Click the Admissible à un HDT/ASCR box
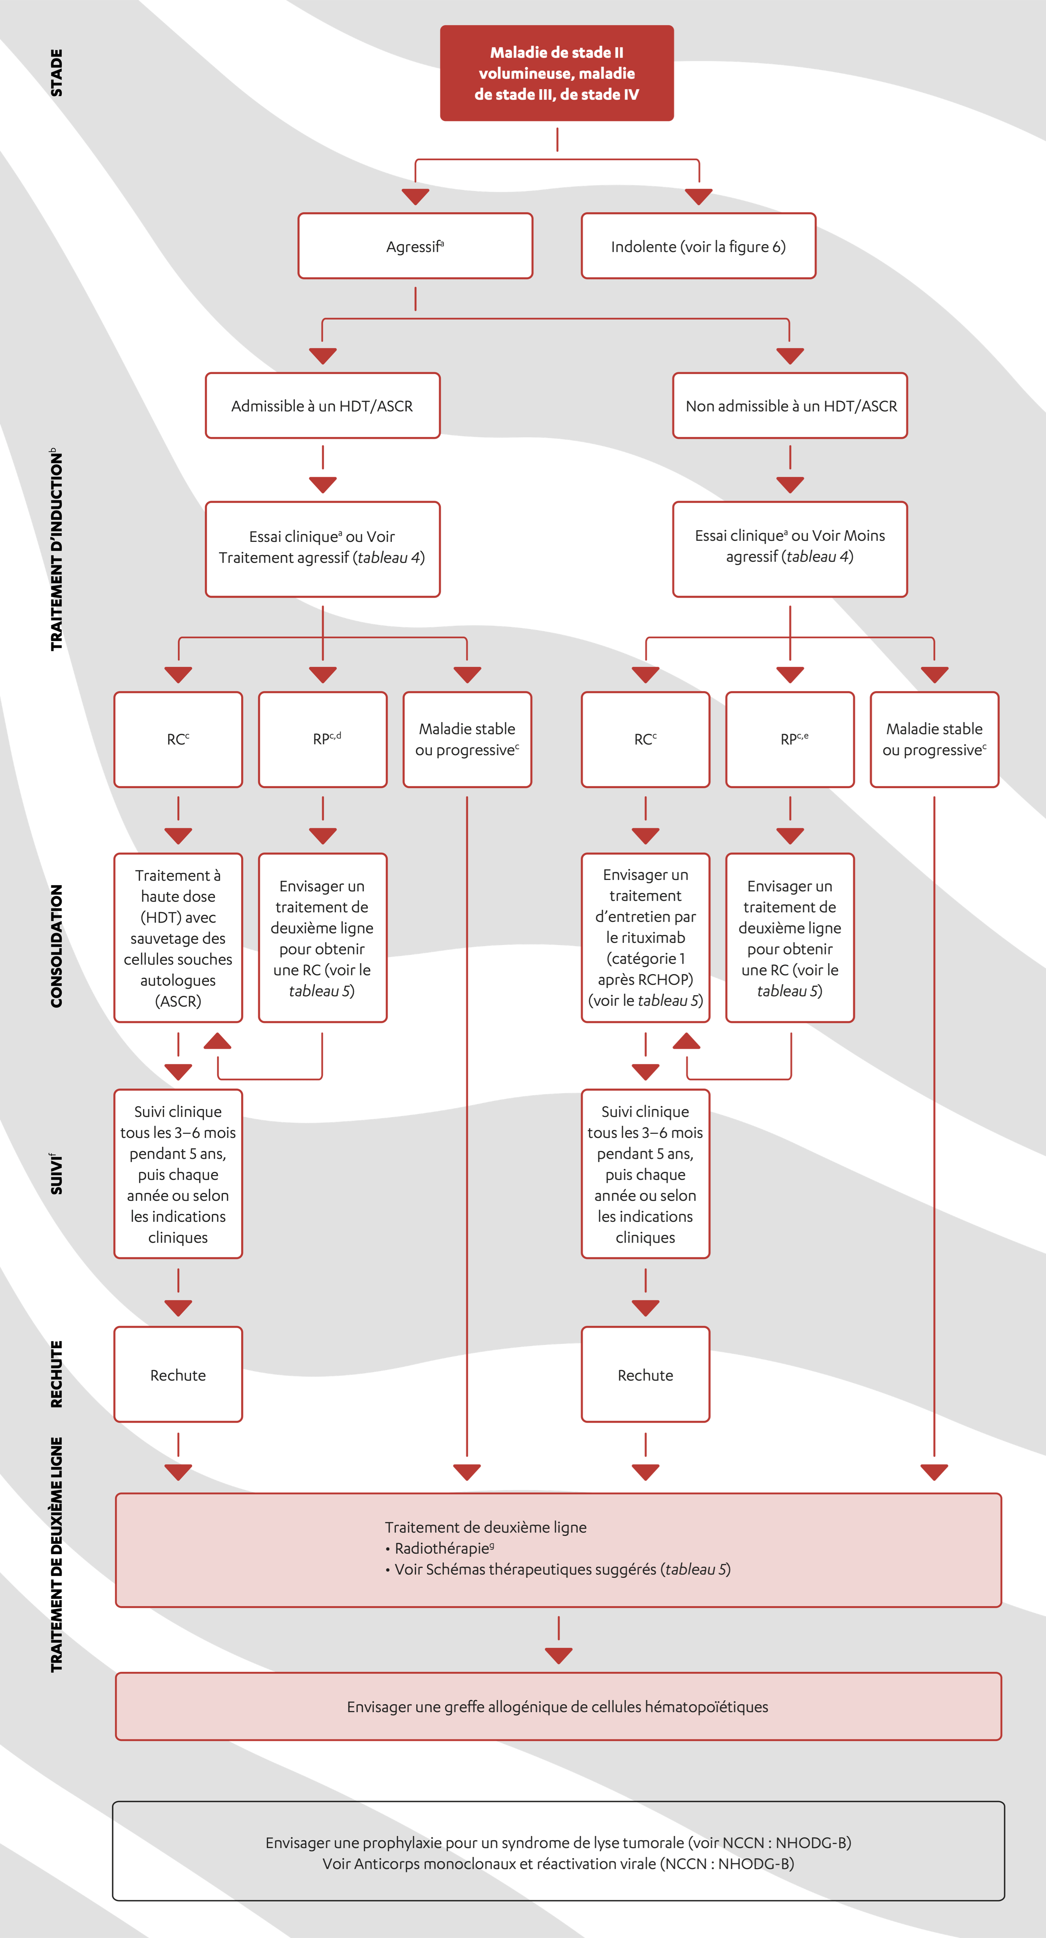pos(322,405)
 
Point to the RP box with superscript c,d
pos(322,739)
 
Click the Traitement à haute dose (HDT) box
pos(178,937)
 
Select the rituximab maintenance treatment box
pos(645,937)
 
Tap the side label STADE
pos(56,73)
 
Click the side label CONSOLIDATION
pos(56,946)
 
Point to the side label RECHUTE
pos(56,1374)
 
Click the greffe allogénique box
pos(558,1706)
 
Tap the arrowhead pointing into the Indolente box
pos(698,197)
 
